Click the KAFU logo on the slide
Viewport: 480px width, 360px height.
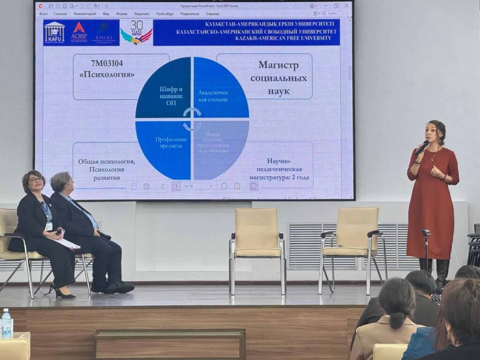coord(54,32)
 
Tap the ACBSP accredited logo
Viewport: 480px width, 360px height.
coord(79,32)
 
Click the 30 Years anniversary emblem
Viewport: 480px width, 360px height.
coord(136,32)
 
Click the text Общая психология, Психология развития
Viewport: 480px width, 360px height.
coord(106,169)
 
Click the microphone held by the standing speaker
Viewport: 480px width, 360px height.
coord(421,148)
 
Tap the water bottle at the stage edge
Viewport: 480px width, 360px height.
coord(6,323)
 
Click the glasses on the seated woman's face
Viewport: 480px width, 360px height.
coord(35,180)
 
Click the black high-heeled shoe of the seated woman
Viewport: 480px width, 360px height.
coord(63,293)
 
